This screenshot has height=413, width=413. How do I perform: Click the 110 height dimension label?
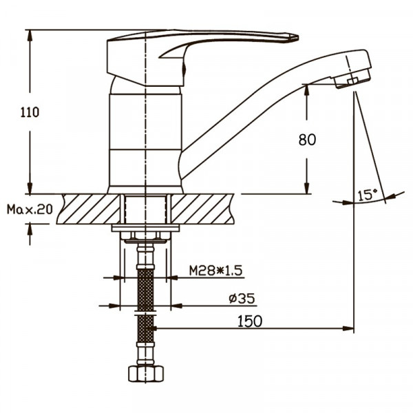point(30,112)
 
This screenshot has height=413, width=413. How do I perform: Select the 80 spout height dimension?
point(307,140)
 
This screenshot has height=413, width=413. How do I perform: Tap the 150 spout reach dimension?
point(250,321)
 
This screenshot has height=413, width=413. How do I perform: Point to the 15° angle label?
point(367,195)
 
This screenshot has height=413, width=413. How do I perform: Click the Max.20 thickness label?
point(30,209)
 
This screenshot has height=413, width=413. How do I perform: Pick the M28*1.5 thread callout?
point(215,271)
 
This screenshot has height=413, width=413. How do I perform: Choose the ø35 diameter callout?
point(242,299)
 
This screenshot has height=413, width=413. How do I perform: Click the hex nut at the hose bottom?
point(146,373)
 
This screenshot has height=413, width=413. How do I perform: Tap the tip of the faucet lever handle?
point(297,38)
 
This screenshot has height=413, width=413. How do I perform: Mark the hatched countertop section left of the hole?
point(88,209)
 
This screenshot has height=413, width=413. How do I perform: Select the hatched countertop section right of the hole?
point(202,209)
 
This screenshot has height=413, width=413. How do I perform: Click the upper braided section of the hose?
point(145,290)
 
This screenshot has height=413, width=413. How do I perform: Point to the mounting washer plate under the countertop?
point(145,228)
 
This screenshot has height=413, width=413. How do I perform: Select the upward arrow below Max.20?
point(30,234)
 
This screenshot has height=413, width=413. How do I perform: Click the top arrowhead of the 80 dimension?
point(307,90)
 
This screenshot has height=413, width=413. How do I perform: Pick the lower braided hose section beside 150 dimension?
point(145,328)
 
